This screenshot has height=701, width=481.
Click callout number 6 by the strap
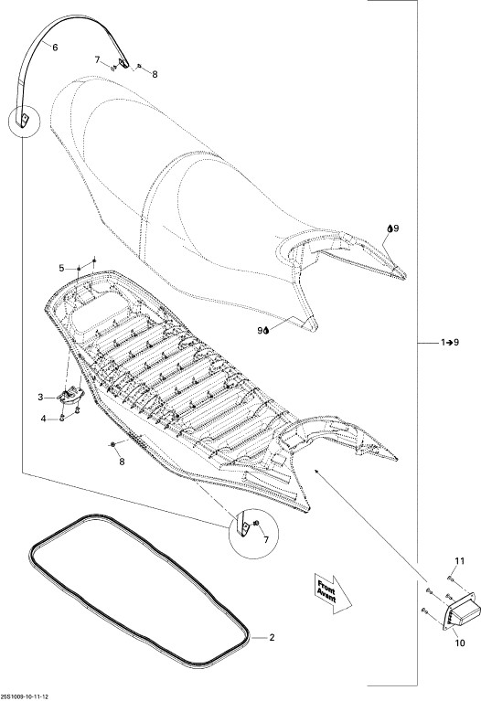pyautogui.click(x=55, y=48)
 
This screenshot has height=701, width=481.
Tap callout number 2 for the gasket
pyautogui.click(x=272, y=637)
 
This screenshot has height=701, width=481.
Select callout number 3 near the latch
pyautogui.click(x=40, y=397)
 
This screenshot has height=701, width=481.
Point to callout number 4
pyautogui.click(x=43, y=419)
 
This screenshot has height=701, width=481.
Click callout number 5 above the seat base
pyautogui.click(x=62, y=268)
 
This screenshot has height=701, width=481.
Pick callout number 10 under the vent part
pyautogui.click(x=460, y=643)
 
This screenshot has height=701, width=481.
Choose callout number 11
pyautogui.click(x=460, y=560)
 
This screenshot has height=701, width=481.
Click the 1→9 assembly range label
pyautogui.click(x=450, y=343)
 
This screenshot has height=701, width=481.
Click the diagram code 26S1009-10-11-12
pyautogui.click(x=26, y=696)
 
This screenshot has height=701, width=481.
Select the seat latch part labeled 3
pyautogui.click(x=70, y=396)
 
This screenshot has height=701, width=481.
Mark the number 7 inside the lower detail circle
pyautogui.click(x=266, y=540)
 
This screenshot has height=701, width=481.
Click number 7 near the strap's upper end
pyautogui.click(x=97, y=59)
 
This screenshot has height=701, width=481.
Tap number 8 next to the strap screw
pyautogui.click(x=155, y=75)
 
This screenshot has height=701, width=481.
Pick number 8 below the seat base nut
pyautogui.click(x=122, y=462)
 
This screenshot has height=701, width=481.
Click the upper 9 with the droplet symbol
pyautogui.click(x=393, y=228)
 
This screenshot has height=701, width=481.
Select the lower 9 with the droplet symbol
pyautogui.click(x=262, y=330)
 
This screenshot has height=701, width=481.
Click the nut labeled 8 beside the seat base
pyautogui.click(x=112, y=443)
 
